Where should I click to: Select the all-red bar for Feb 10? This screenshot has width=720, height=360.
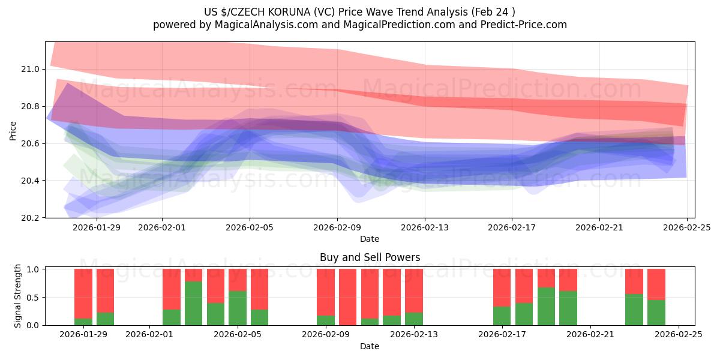tap(347, 297)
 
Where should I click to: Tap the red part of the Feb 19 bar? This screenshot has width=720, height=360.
tap(546, 278)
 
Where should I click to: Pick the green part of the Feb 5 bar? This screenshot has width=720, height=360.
tap(238, 308)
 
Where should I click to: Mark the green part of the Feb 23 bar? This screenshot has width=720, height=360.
tap(634, 310)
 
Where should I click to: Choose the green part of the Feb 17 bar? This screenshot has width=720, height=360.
tap(502, 316)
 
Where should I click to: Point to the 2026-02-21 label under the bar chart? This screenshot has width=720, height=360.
tap(590, 335)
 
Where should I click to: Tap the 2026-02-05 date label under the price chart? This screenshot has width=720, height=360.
tap(250, 227)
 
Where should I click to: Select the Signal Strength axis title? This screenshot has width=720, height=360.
tap(18, 296)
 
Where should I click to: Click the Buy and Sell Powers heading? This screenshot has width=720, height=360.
tap(370, 257)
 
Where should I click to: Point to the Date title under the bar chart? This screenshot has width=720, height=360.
tap(370, 346)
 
